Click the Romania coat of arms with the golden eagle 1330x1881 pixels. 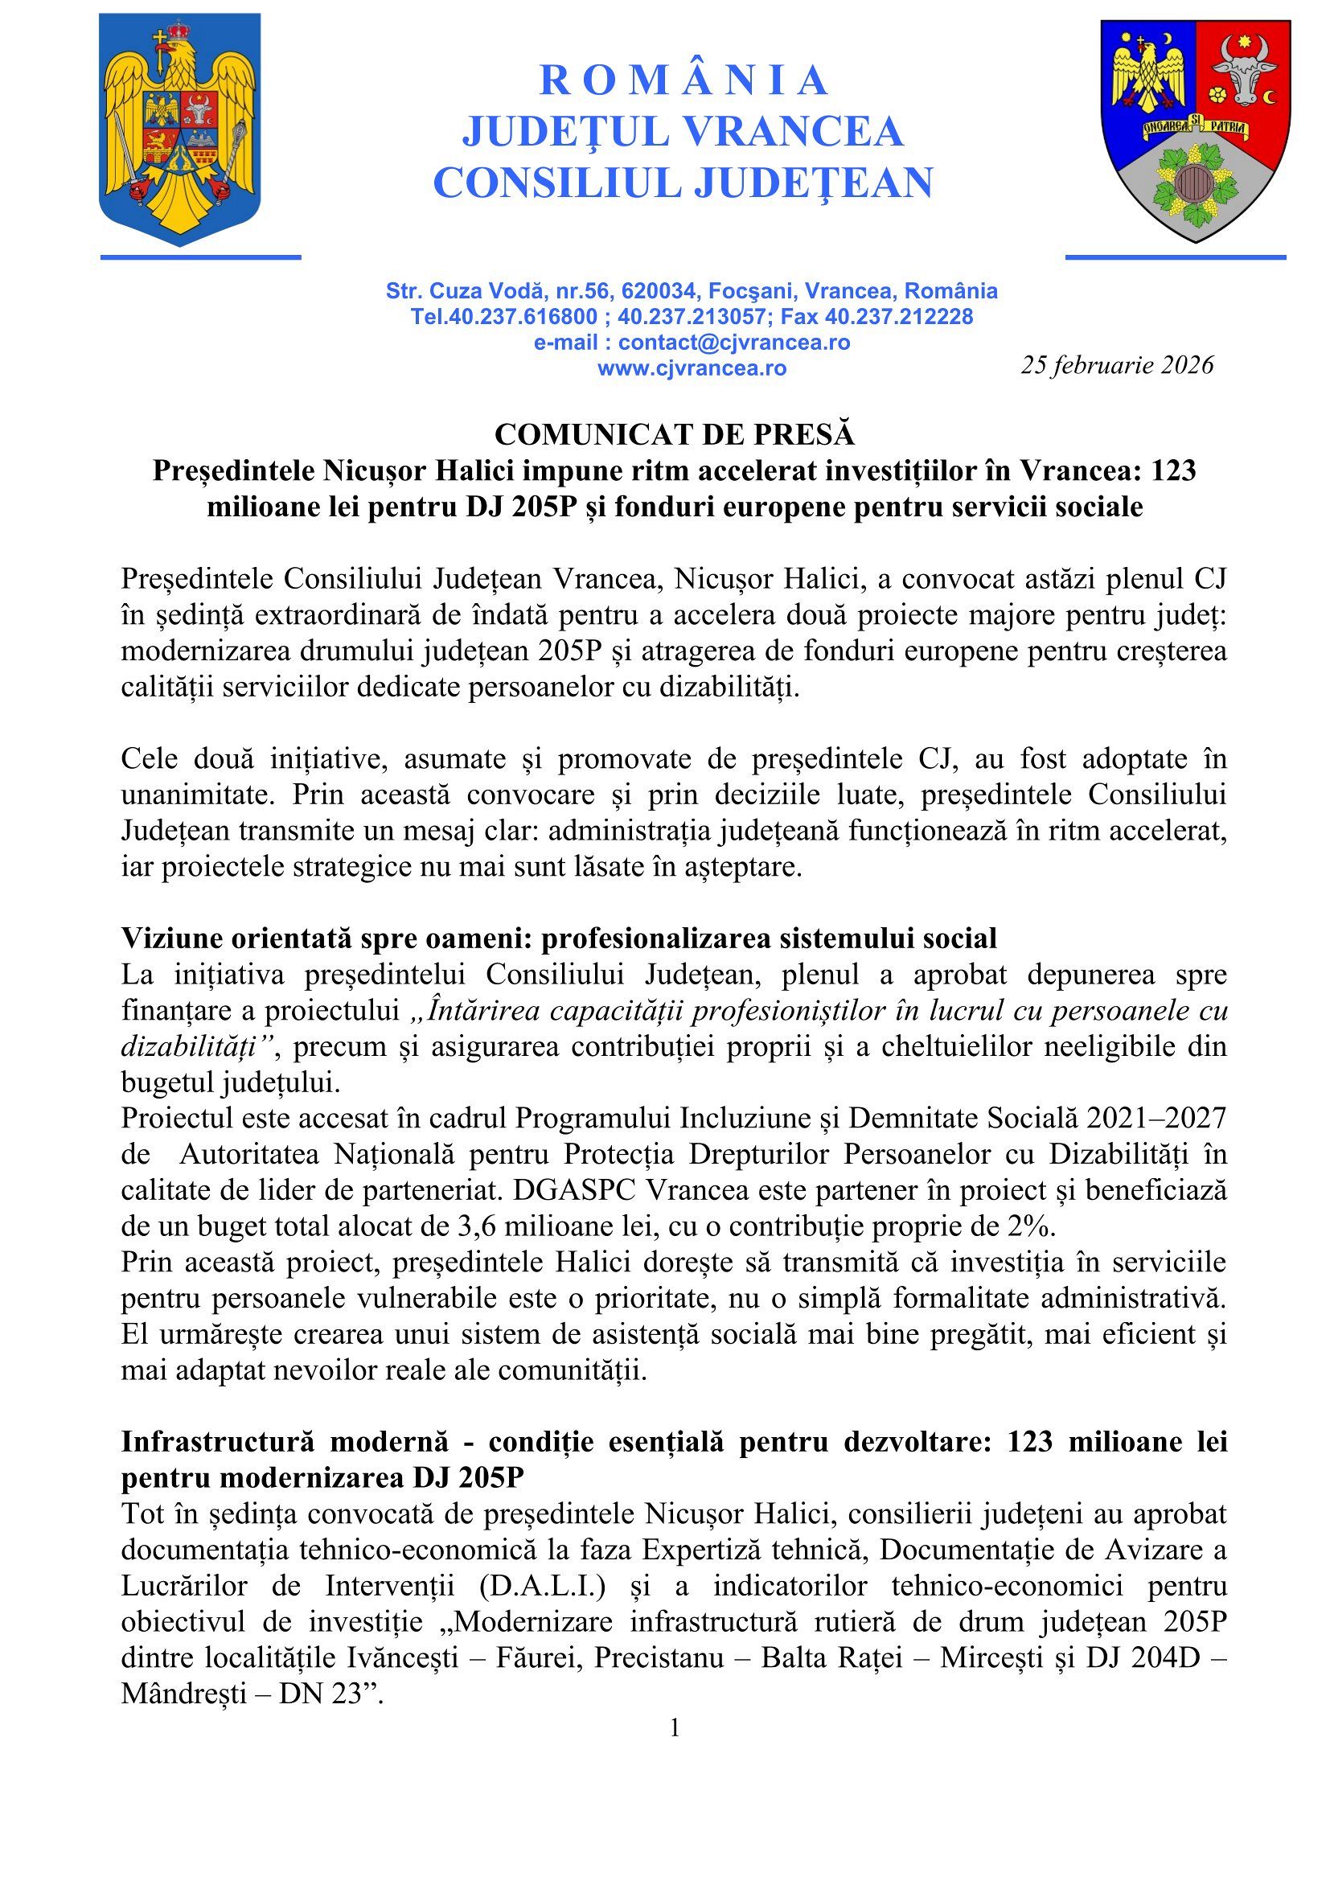click(179, 129)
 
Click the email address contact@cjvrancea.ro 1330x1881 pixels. click(734, 343)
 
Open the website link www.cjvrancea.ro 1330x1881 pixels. click(692, 368)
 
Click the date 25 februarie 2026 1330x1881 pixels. click(1116, 364)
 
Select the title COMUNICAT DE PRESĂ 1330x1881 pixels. click(674, 434)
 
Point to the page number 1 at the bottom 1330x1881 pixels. click(675, 1729)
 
